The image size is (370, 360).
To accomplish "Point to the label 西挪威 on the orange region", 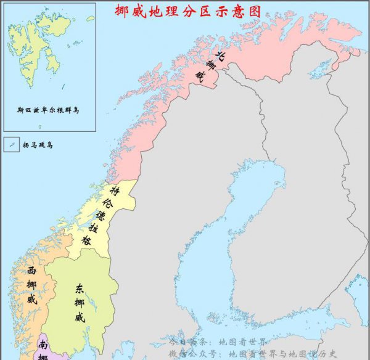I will pyautogui.click(x=31, y=285).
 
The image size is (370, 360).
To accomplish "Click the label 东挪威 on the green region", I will pyautogui.click(x=79, y=303).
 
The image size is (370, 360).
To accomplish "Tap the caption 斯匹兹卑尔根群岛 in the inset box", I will pyautogui.click(x=49, y=110).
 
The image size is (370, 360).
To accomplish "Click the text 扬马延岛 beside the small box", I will pyautogui.click(x=38, y=145).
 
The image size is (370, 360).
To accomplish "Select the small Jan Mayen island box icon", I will pyautogui.click(x=12, y=145).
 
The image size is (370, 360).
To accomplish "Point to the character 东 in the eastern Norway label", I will pyautogui.click(x=79, y=288).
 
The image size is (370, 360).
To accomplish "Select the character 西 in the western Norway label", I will pyautogui.click(x=31, y=271).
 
